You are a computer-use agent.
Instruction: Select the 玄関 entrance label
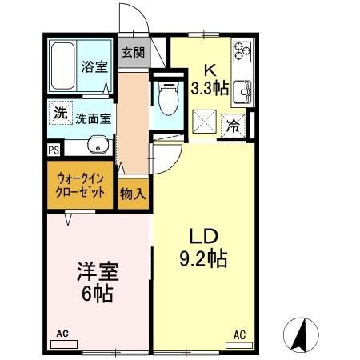134,54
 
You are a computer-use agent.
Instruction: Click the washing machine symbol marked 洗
61,114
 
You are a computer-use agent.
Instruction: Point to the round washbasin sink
98,146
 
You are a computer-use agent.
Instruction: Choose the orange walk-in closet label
80,186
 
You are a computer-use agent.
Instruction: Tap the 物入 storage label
133,193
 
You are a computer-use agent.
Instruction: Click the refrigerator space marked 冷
234,125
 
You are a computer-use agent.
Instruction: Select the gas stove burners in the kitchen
242,54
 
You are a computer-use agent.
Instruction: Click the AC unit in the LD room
238,342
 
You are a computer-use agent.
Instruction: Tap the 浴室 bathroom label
94,67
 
